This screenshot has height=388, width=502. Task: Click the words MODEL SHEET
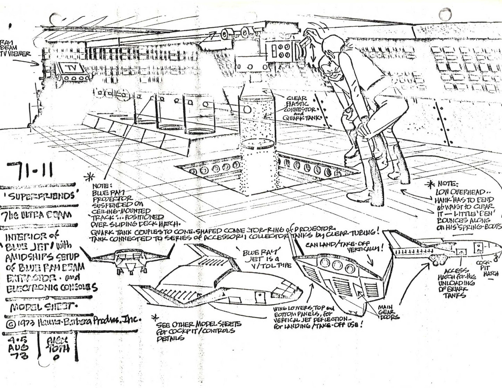click(x=43, y=307)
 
